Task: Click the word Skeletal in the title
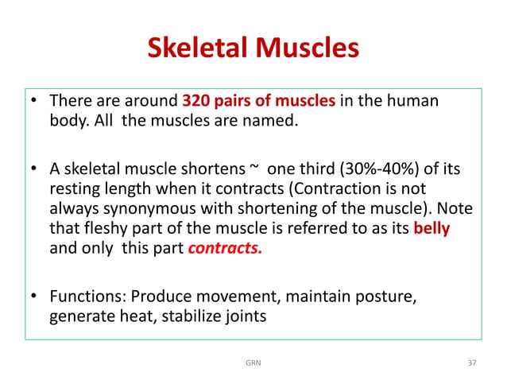[198, 49]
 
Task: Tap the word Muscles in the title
[304, 49]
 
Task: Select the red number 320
[195, 102]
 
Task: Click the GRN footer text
[253, 363]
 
